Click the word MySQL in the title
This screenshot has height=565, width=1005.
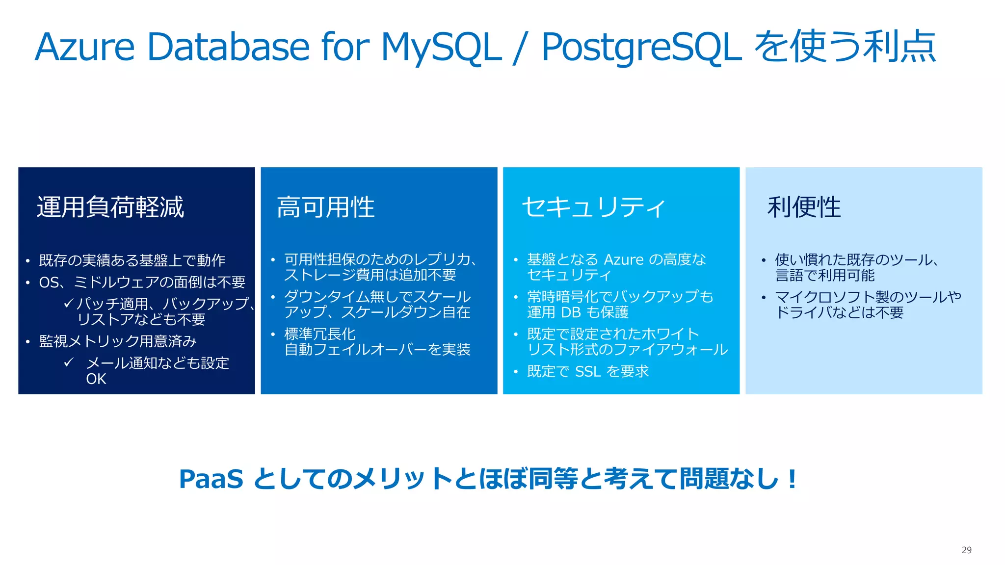click(x=441, y=48)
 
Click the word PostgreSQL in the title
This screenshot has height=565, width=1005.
click(x=641, y=48)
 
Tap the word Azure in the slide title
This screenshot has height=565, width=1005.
click(x=84, y=48)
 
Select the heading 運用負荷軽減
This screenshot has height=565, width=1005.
click(x=110, y=207)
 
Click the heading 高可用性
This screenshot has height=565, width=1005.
click(x=325, y=207)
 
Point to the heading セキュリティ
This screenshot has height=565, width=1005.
click(x=594, y=207)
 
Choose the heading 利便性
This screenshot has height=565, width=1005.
click(x=804, y=207)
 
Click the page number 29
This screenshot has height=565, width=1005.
click(x=966, y=550)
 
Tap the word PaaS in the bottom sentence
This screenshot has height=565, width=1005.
click(x=211, y=479)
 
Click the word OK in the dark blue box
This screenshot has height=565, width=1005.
click(x=96, y=379)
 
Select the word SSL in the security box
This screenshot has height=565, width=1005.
click(x=587, y=372)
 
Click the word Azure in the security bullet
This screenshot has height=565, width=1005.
click(x=623, y=259)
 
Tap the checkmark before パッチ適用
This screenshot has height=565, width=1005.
click(x=68, y=304)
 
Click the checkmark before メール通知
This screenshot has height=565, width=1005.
click(x=69, y=362)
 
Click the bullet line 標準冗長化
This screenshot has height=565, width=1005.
click(x=320, y=334)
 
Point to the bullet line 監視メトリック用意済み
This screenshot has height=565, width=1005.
click(x=118, y=341)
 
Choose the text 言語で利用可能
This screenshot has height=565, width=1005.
click(x=824, y=276)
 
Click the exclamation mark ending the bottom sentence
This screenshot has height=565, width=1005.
click(x=792, y=479)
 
